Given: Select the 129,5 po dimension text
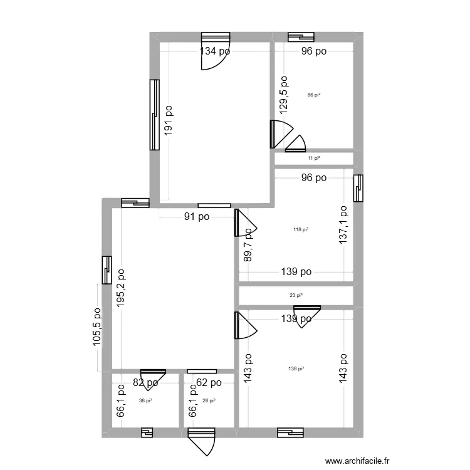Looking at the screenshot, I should point(284,93).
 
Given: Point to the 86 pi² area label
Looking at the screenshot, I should point(314,95).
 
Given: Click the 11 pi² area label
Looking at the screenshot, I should point(314,159).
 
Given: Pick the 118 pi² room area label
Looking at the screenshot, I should point(301,230).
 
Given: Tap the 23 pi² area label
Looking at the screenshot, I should point(296,295).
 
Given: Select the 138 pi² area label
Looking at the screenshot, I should point(296,369).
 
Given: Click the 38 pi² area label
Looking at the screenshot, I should point(145,401).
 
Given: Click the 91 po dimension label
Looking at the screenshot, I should point(196,217).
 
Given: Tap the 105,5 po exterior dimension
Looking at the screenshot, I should point(97,326).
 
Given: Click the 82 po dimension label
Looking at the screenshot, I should point(145,382).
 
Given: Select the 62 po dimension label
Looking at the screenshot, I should point(208,382).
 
